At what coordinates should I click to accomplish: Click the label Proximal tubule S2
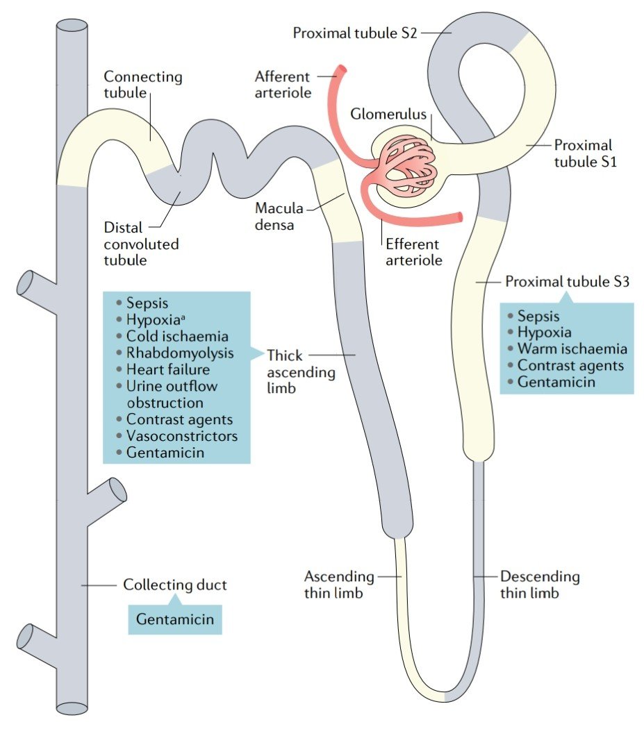click(x=354, y=33)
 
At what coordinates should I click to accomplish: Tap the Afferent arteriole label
click(x=283, y=84)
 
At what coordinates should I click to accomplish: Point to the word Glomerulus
click(x=388, y=114)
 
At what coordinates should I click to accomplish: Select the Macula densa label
click(x=279, y=216)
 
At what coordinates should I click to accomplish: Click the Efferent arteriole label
click(x=413, y=252)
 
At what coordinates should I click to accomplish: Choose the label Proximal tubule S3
click(x=567, y=281)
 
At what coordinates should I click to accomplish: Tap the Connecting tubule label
click(x=143, y=84)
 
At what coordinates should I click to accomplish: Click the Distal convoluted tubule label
click(x=141, y=244)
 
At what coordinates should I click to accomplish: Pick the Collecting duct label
click(x=174, y=585)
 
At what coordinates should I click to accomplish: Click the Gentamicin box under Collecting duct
click(x=175, y=619)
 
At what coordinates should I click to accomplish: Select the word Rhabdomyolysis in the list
click(x=180, y=353)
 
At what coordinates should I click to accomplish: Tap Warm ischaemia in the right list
click(x=572, y=349)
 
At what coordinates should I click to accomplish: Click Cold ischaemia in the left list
click(x=177, y=336)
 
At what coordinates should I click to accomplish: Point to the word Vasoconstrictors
click(x=182, y=435)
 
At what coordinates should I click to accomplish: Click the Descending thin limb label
click(x=540, y=585)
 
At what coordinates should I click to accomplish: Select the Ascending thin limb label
click(x=339, y=585)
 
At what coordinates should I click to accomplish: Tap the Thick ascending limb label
click(x=301, y=371)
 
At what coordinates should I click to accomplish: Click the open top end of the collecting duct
click(x=72, y=25)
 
